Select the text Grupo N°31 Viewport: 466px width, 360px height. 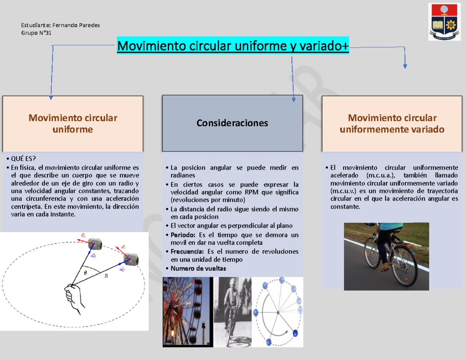[x=36, y=33]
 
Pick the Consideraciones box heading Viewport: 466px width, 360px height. [x=232, y=123]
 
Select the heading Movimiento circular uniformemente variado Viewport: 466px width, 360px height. [x=392, y=123]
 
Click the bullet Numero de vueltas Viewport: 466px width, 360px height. [x=198, y=268]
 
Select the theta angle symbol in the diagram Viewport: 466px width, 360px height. [x=85, y=273]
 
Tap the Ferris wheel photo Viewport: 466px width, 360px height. [x=188, y=311]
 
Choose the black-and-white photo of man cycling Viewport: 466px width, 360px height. [x=232, y=311]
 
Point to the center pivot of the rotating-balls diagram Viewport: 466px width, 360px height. [x=278, y=313]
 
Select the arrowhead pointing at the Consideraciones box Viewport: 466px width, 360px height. [x=294, y=100]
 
